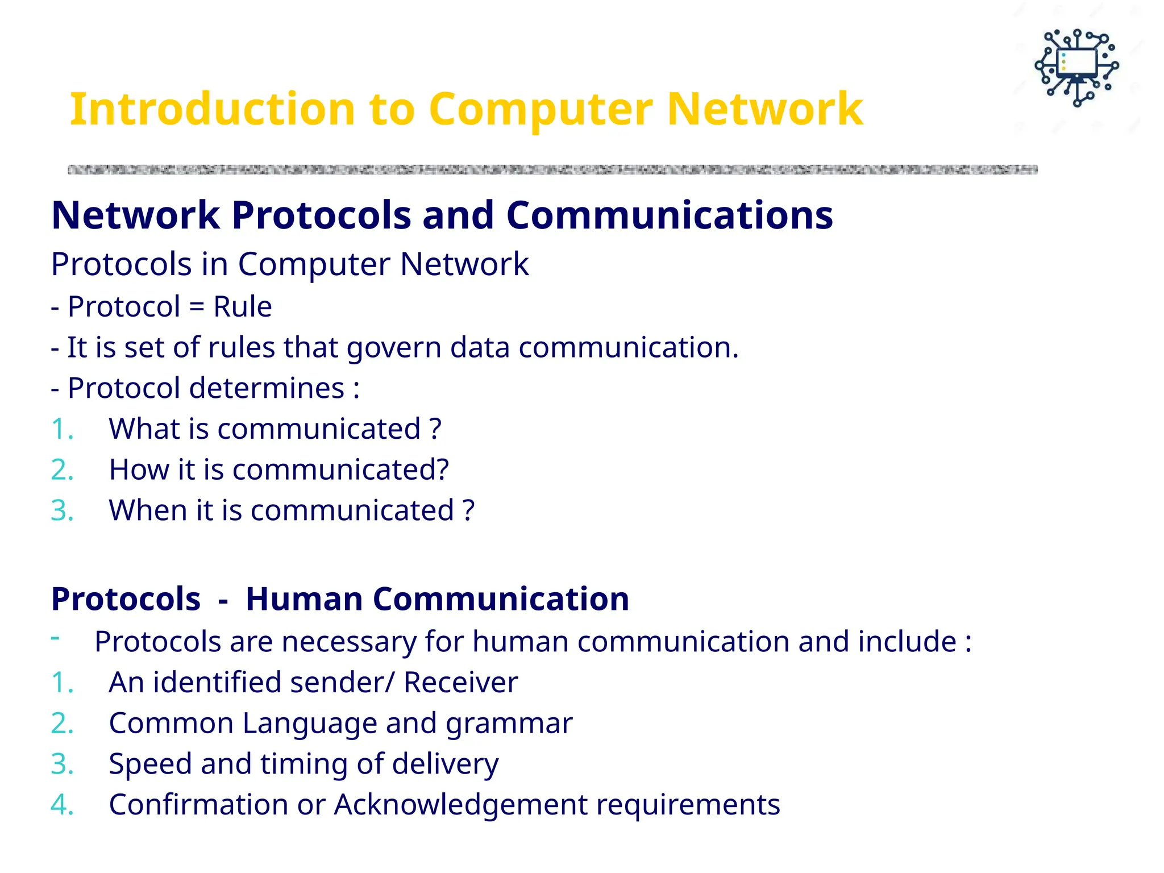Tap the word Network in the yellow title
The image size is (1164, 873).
[x=764, y=109]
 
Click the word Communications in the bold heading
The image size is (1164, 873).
[x=669, y=215]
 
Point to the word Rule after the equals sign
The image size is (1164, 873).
[x=242, y=307]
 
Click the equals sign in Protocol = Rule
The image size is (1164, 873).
[x=196, y=307]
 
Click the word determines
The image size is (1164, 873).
[x=266, y=388]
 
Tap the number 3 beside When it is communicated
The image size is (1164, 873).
[x=61, y=510]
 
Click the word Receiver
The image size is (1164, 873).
[x=460, y=683]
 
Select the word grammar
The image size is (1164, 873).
[x=509, y=724]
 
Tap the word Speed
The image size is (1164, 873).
[x=149, y=764]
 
